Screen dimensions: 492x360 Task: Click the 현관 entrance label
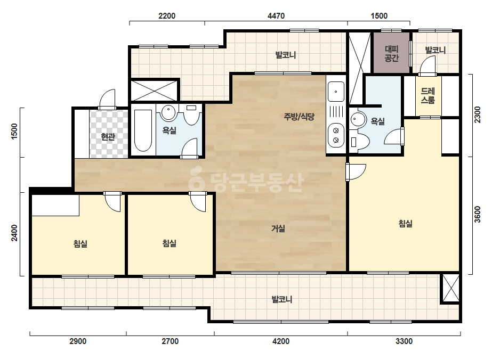coord(108,137)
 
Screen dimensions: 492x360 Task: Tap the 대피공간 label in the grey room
coord(391,54)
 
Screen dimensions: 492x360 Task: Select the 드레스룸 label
coord(428,96)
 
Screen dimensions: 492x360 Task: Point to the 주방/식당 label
coord(299,117)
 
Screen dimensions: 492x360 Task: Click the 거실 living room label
coord(278,228)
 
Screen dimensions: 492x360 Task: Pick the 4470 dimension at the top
coord(276,15)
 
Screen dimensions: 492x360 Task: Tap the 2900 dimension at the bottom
coord(78,341)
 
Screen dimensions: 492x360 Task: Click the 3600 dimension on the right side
coord(477,214)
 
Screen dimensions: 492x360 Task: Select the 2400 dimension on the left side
coord(15,233)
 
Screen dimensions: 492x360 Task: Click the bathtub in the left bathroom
coord(143,130)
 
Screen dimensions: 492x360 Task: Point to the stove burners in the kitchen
coord(336,135)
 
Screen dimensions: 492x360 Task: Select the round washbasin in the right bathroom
coord(358,119)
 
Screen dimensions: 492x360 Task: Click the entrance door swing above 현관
coord(107,99)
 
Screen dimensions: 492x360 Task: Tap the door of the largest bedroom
coord(356,171)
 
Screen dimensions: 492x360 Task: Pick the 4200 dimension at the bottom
coord(281,341)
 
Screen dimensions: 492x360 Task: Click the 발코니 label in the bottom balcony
coord(282,299)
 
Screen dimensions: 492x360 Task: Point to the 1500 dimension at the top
coord(379,15)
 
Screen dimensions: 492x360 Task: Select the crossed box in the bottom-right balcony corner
coord(450,288)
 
